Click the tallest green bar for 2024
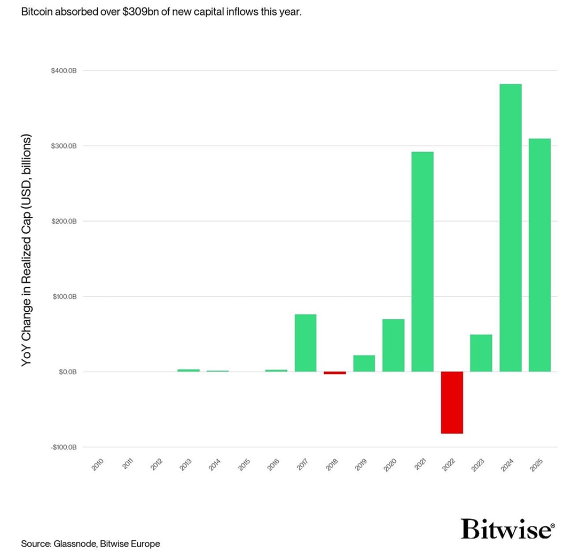pyautogui.click(x=510, y=227)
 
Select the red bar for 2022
pyautogui.click(x=452, y=402)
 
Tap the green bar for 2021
pyautogui.click(x=422, y=262)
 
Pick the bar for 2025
pyautogui.click(x=539, y=255)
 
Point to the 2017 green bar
pyautogui.click(x=305, y=343)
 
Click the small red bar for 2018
pyautogui.click(x=335, y=373)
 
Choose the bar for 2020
pyautogui.click(x=393, y=345)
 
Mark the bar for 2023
pyautogui.click(x=481, y=353)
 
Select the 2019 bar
pyautogui.click(x=364, y=363)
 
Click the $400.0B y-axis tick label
pyautogui.click(x=63, y=71)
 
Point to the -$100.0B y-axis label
pyautogui.click(x=63, y=447)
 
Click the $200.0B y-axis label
pyautogui.click(x=63, y=222)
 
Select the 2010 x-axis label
pyautogui.click(x=98, y=464)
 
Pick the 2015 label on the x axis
pyautogui.click(x=244, y=464)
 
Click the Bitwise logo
pyautogui.click(x=507, y=529)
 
